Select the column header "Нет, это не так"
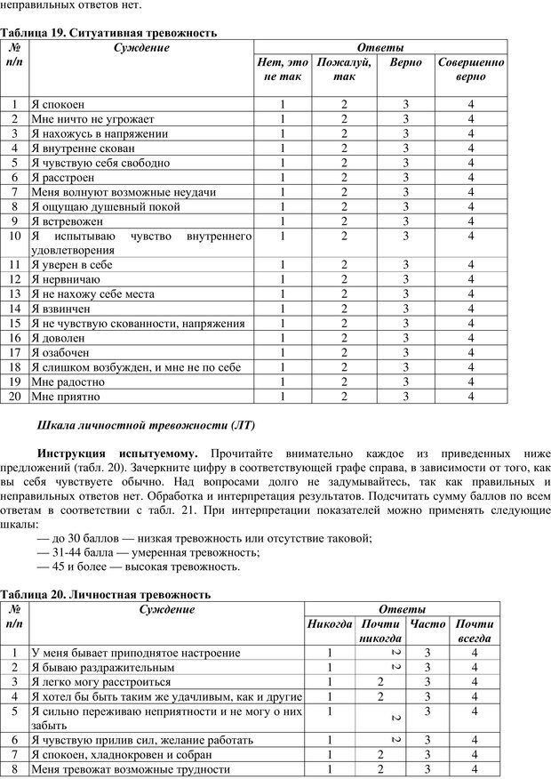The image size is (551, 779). point(283,69)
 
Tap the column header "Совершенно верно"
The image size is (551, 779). point(471,69)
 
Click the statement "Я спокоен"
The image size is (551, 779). point(58,104)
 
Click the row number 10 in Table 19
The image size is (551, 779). point(14,236)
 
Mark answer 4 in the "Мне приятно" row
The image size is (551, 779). point(471,396)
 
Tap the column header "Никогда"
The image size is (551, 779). point(330,623)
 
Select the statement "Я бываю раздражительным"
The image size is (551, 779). point(102,667)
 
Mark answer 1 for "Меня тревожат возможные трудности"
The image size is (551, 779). point(330,769)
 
